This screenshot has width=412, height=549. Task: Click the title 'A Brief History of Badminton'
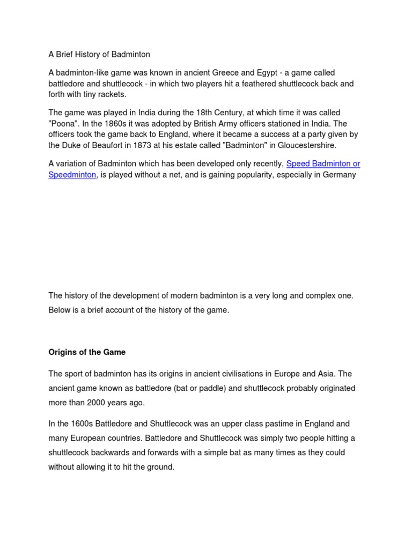(99, 54)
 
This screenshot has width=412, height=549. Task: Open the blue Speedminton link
(72, 175)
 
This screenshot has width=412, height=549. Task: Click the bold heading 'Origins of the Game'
(87, 352)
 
